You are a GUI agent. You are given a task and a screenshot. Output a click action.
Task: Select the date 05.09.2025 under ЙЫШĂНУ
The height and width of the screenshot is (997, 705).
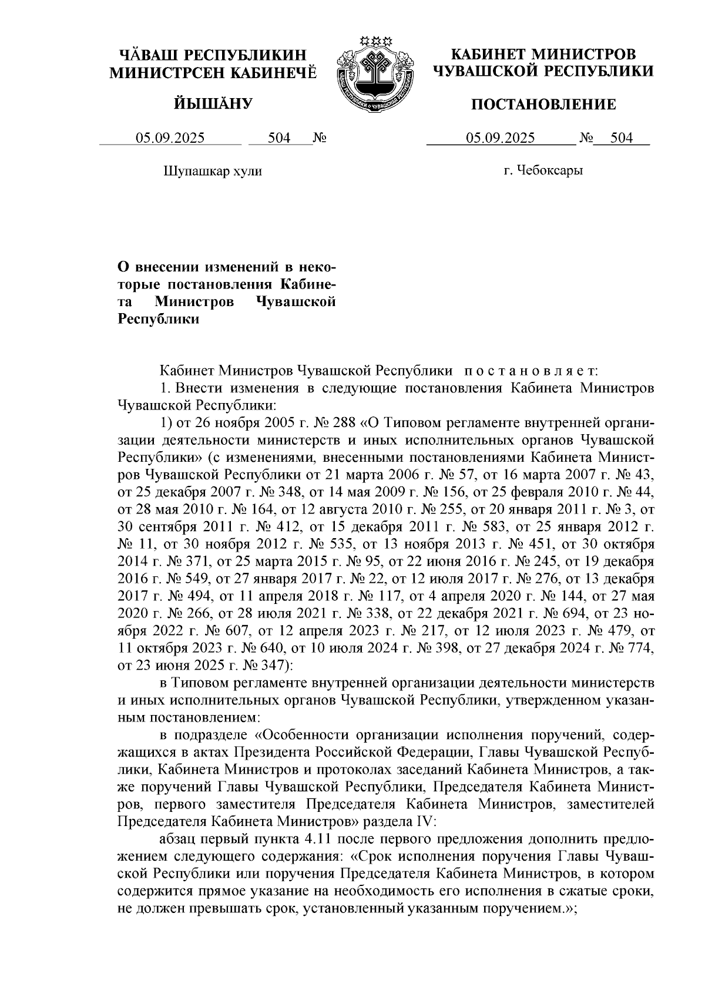(x=170, y=138)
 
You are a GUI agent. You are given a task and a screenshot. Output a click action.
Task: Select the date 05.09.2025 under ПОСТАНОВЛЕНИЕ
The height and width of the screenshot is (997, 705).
(x=501, y=138)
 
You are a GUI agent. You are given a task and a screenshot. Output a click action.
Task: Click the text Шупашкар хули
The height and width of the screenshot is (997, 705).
(x=212, y=172)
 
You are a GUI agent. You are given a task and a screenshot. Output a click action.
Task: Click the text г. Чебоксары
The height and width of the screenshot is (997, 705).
(x=543, y=172)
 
